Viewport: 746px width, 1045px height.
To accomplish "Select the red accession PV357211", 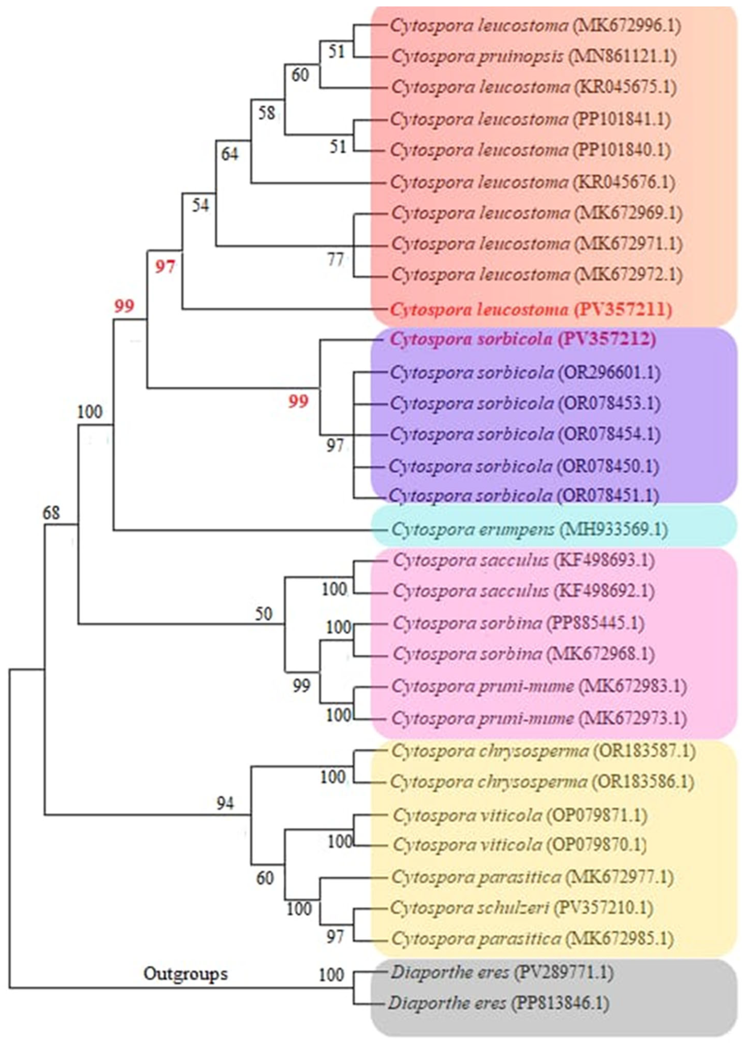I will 622,309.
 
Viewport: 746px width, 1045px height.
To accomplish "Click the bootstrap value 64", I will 230,154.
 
